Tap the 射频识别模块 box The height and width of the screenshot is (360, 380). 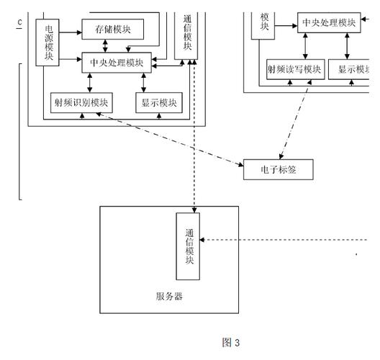coord(80,103)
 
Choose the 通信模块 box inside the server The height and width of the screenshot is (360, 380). coord(189,247)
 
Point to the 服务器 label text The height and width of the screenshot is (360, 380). coord(168,296)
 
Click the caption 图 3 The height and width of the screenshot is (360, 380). coord(230,343)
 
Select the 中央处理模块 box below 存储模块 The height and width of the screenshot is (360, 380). coord(116,63)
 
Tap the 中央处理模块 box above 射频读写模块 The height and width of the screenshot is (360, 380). coord(329,22)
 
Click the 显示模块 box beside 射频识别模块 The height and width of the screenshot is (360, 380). coord(158,103)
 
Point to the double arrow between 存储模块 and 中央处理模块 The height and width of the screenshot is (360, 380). coord(107,46)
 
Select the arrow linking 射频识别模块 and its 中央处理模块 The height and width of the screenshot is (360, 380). coord(81,83)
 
